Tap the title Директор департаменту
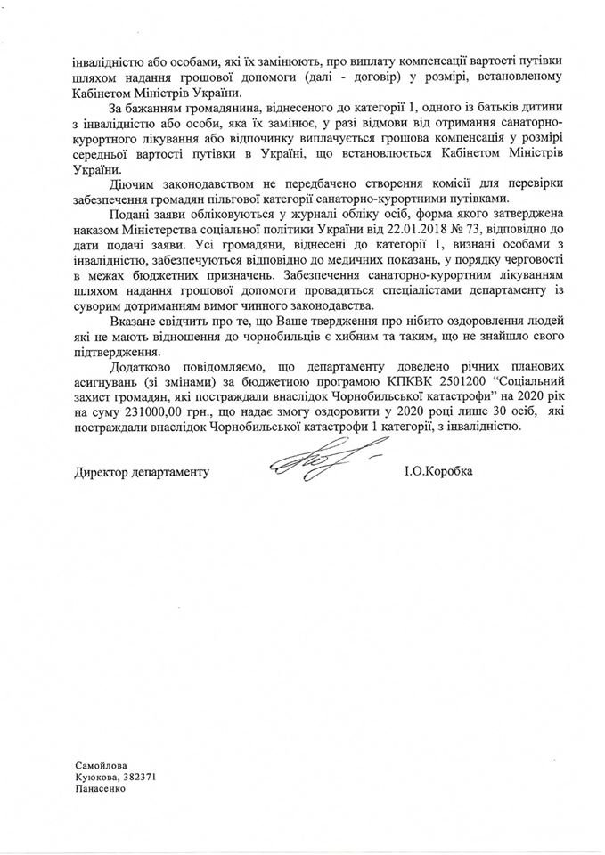tap(142, 470)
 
